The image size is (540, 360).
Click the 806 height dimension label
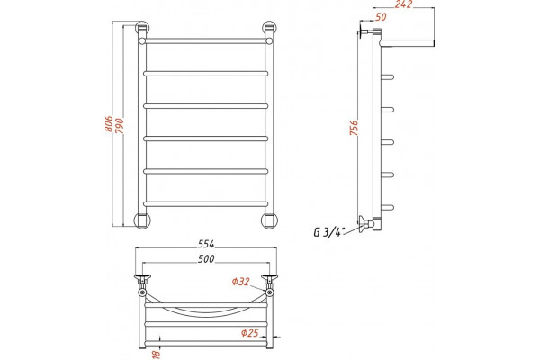point(109,123)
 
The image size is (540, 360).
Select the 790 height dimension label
point(119,126)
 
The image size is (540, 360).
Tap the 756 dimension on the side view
point(354,128)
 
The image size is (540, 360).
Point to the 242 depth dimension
point(403,4)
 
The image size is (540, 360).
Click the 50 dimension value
point(381,16)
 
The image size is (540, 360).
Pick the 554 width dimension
point(206,244)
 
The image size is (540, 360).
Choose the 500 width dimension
point(206,258)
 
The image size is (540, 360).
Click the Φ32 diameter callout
point(240,282)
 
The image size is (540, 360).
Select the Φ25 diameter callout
point(250,333)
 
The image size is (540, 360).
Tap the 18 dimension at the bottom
point(157,354)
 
